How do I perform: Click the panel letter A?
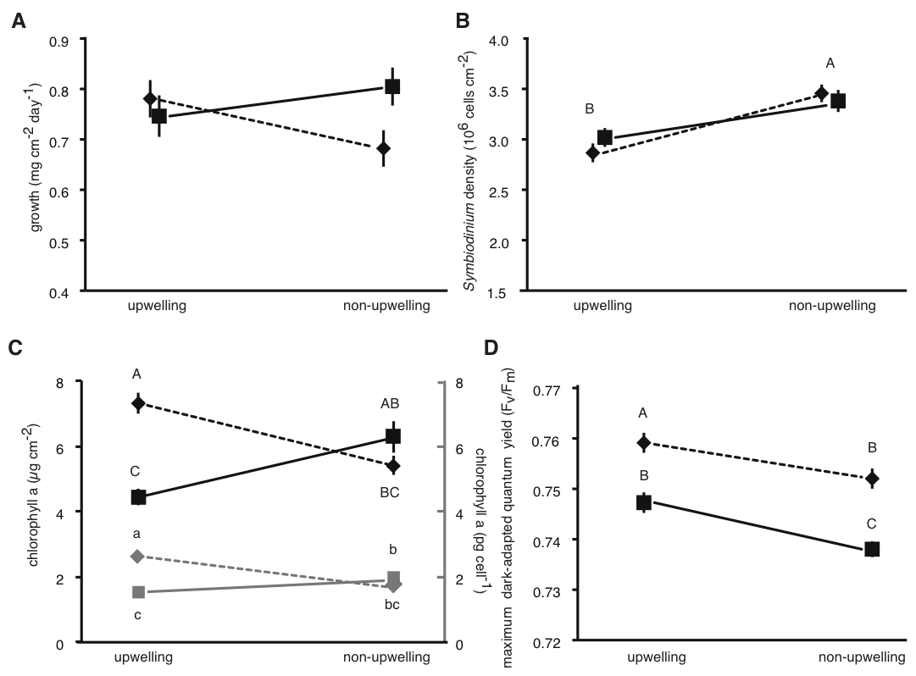18,20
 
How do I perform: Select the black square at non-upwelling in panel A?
392,86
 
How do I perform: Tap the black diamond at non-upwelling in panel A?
384,148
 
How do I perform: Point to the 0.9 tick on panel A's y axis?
61,39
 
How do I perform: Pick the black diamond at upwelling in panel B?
592,153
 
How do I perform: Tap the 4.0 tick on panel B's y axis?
497,40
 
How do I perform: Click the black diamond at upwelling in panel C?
138,403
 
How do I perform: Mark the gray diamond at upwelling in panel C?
138,556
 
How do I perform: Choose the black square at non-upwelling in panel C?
392,435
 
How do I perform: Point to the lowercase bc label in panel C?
391,604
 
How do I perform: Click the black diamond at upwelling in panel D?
643,441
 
